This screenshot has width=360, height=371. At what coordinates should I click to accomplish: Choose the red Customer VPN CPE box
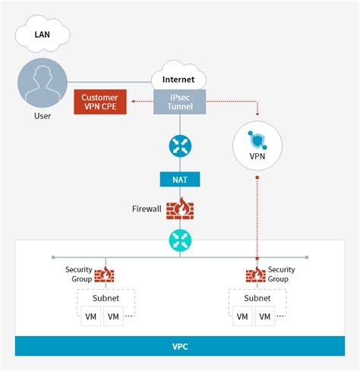100,102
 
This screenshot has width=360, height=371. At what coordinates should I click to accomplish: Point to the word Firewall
146,207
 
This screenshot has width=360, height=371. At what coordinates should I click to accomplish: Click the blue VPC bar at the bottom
179,346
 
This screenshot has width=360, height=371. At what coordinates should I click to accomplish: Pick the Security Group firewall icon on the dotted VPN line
255,275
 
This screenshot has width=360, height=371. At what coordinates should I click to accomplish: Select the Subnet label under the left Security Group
105,297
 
